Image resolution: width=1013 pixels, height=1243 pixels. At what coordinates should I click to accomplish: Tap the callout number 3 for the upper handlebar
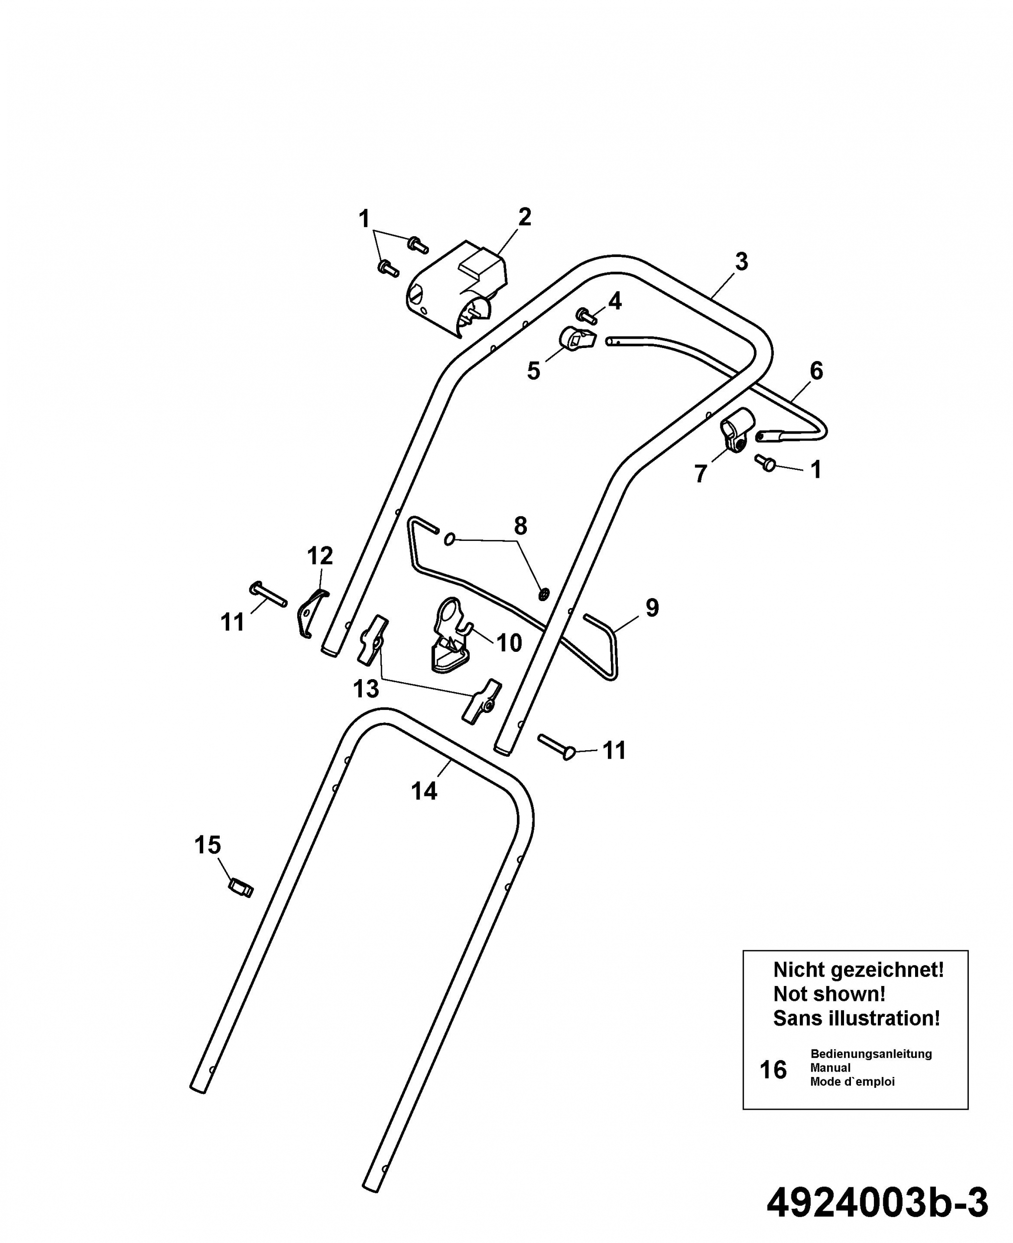coord(741,262)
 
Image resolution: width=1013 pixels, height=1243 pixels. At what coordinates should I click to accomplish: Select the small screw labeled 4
coord(587,316)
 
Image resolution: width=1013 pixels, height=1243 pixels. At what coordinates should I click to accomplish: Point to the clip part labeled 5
coord(578,339)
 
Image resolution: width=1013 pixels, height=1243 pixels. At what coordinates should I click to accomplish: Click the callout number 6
coord(816,370)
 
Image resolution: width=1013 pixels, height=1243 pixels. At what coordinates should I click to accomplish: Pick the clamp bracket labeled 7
coord(736,435)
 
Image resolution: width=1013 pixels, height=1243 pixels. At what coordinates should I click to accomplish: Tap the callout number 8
coord(520,526)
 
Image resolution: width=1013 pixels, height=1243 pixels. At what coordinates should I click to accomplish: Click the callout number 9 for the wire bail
coord(652,608)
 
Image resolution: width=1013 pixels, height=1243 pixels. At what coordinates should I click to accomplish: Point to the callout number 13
coord(366,689)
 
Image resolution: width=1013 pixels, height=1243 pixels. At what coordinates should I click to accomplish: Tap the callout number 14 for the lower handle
coord(424,792)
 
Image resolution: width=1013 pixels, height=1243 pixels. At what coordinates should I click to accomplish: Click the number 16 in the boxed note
coord(773,1069)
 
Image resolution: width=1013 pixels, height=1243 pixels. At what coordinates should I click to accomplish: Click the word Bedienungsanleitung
coord(871,1054)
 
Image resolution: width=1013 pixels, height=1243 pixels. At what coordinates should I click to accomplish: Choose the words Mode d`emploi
coord(852,1081)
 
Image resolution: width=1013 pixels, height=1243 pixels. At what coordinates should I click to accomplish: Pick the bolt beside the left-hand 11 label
coord(268,594)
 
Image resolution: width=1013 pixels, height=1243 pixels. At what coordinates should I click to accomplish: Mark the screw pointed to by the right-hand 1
coord(765,463)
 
